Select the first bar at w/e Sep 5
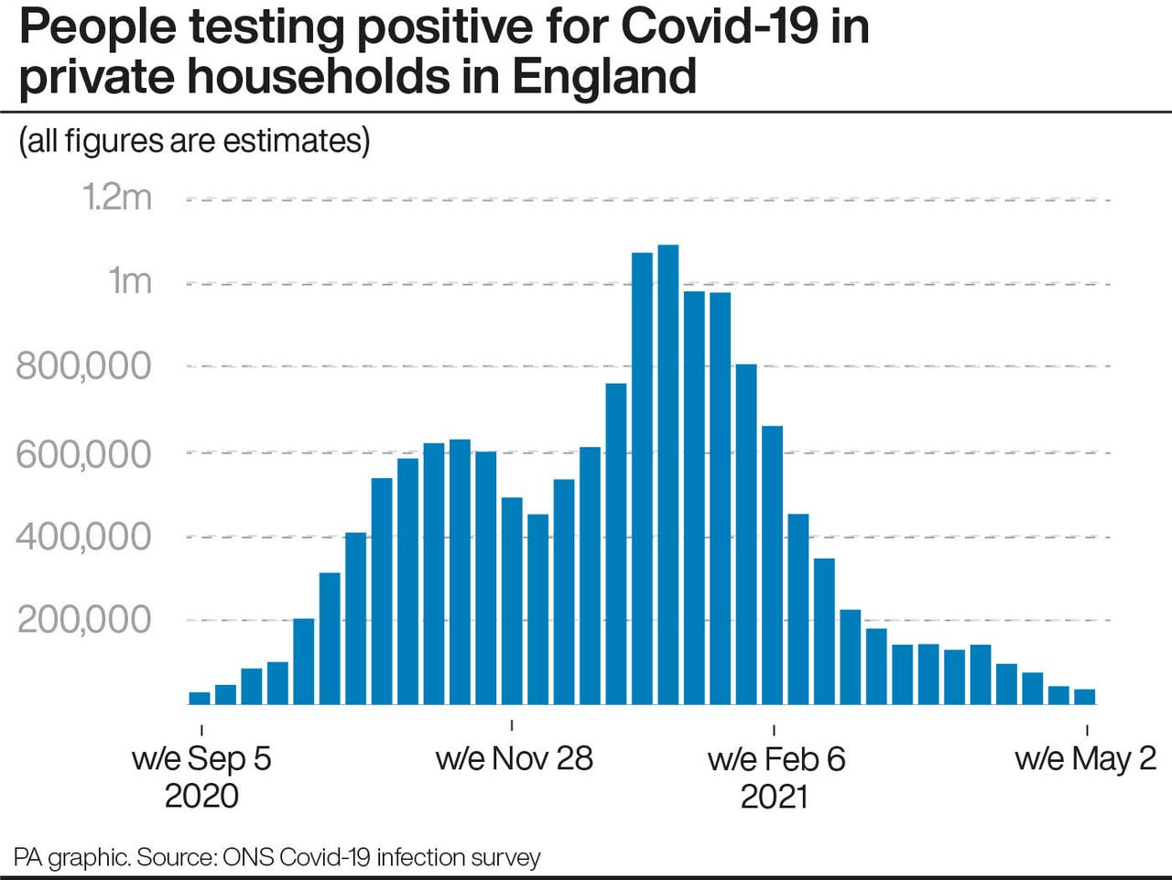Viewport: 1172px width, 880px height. pyautogui.click(x=200, y=698)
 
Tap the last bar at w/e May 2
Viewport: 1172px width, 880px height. pyautogui.click(x=1084, y=697)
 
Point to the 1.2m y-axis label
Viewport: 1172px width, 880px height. pyautogui.click(x=117, y=197)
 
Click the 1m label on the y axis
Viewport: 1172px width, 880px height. pyautogui.click(x=130, y=281)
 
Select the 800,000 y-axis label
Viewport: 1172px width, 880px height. pyautogui.click(x=83, y=366)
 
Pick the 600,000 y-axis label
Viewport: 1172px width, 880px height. pyautogui.click(x=83, y=453)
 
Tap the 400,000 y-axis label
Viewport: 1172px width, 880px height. pyautogui.click(x=83, y=537)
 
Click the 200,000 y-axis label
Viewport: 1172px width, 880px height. pyautogui.click(x=84, y=620)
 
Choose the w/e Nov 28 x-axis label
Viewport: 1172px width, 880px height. pyautogui.click(x=514, y=758)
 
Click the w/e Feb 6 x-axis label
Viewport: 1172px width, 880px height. pyautogui.click(x=776, y=759)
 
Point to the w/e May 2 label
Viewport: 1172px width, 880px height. pyautogui.click(x=1085, y=758)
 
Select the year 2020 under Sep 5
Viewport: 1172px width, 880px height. pyautogui.click(x=201, y=796)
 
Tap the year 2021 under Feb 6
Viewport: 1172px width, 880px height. pyautogui.click(x=774, y=796)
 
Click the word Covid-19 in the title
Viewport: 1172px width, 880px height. pyautogui.click(x=721, y=27)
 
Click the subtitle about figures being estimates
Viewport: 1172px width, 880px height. pyautogui.click(x=194, y=141)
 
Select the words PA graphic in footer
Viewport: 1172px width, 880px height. pyautogui.click(x=71, y=858)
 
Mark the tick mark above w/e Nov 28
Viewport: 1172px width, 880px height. pyautogui.click(x=511, y=725)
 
